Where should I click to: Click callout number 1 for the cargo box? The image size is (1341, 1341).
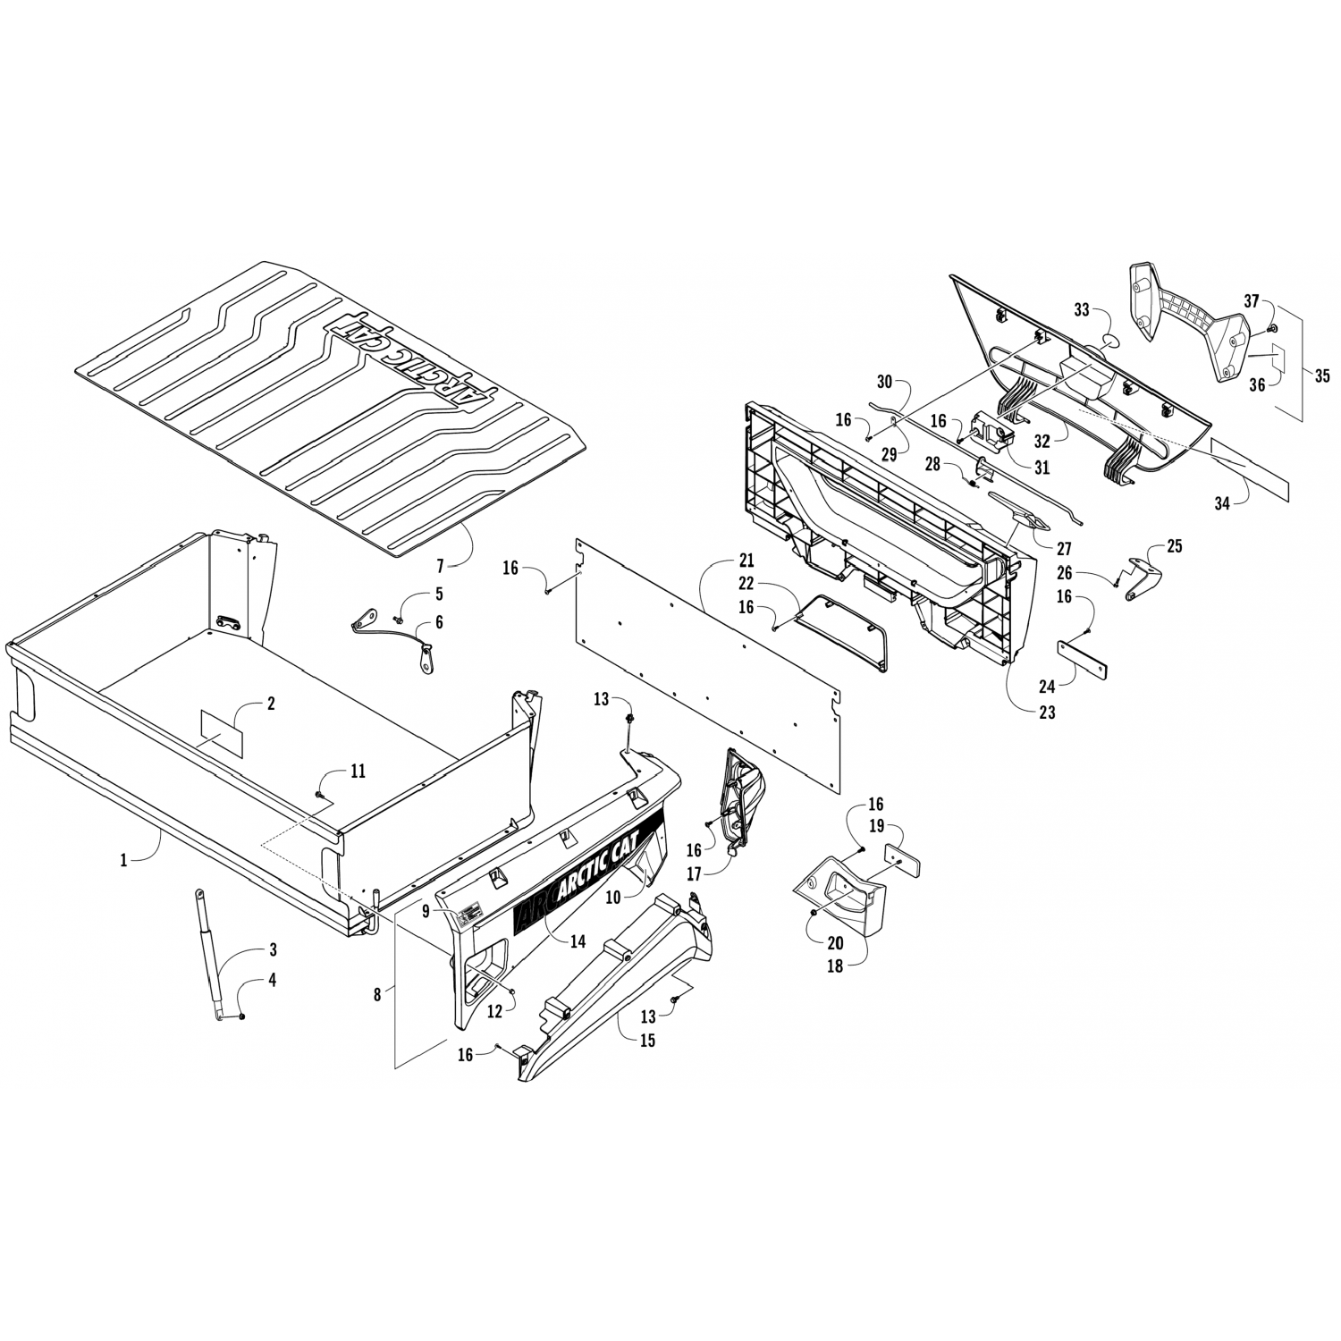pos(124,860)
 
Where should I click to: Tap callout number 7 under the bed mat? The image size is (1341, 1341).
pos(440,567)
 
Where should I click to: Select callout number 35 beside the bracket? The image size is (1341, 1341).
pos(1322,376)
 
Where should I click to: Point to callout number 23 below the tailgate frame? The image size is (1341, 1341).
pos(1047,713)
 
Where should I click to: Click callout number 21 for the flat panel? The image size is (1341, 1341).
pos(746,561)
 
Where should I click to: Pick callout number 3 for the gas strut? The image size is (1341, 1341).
pos(273,949)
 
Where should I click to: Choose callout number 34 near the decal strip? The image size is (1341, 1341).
pos(1222,502)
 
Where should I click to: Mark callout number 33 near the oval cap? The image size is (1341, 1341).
pos(1083,310)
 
